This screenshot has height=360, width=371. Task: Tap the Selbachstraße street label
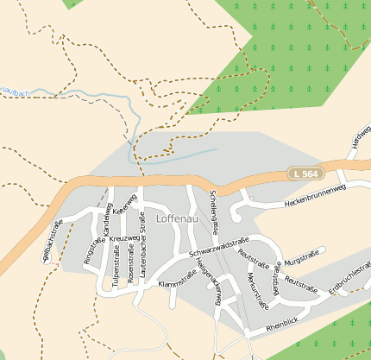click(53, 239)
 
